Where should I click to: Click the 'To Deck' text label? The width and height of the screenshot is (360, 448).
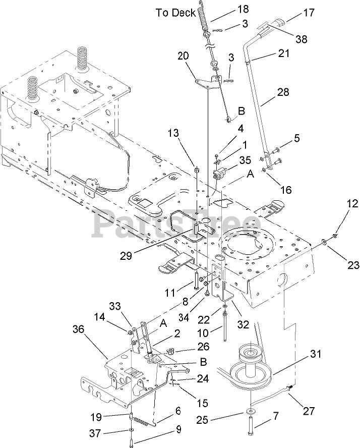[175, 13]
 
